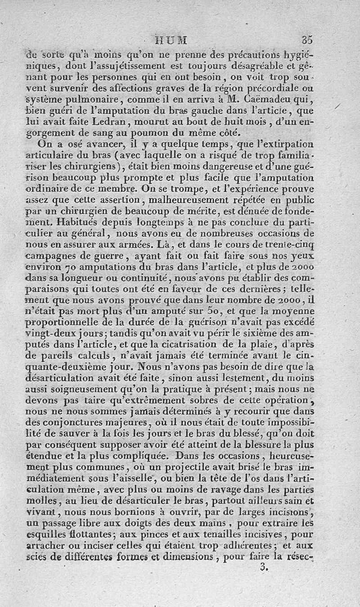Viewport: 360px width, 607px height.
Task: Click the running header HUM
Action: pos(171,40)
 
